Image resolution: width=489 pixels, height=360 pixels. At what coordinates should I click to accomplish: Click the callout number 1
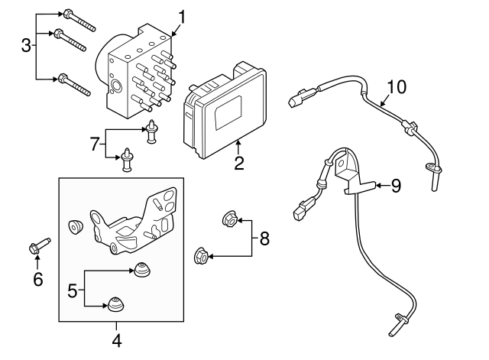coord(182,16)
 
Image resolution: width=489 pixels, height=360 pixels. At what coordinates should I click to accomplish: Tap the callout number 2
coord(239,162)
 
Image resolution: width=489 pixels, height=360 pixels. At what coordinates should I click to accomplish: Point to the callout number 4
coord(117,341)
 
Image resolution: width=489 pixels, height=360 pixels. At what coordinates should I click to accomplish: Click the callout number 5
coord(73,290)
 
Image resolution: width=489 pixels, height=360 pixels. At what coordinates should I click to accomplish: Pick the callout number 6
coord(38,279)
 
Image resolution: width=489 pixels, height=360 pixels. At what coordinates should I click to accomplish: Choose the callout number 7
coord(96,143)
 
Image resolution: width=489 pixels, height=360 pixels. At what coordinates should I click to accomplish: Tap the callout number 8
coord(264,238)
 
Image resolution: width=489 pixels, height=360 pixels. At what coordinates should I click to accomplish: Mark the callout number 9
coord(395,185)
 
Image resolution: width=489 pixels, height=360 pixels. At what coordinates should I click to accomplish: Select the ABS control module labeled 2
coord(225,109)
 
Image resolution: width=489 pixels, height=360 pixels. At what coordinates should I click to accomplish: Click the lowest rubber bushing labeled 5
coord(115,304)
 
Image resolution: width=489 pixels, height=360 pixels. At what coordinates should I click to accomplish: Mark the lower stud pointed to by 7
coord(126,160)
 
